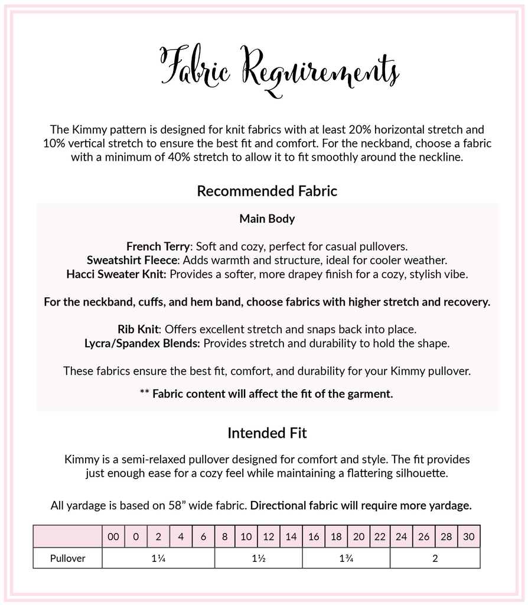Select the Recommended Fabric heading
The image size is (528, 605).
pos(267,191)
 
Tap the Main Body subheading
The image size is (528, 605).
pos(267,219)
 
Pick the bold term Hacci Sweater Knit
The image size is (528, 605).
pos(116,274)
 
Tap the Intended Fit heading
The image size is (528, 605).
pos(267,433)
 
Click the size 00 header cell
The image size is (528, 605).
pos(113,536)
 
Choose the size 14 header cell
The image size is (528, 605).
pos(291,536)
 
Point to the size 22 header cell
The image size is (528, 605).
pos(380,536)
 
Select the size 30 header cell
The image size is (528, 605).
pos(469,536)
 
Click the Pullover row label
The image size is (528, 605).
pos(67,558)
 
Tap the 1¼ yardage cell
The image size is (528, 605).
pos(158,558)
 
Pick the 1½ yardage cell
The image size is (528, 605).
pos(258,558)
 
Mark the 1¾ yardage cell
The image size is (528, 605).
pos(346,558)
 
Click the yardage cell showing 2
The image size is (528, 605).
pos(435,558)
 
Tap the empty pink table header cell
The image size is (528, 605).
pos(67,536)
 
